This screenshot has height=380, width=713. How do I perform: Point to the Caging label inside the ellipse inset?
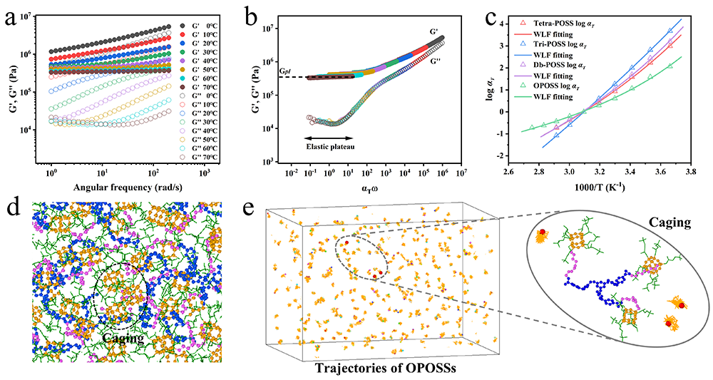[668, 222]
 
